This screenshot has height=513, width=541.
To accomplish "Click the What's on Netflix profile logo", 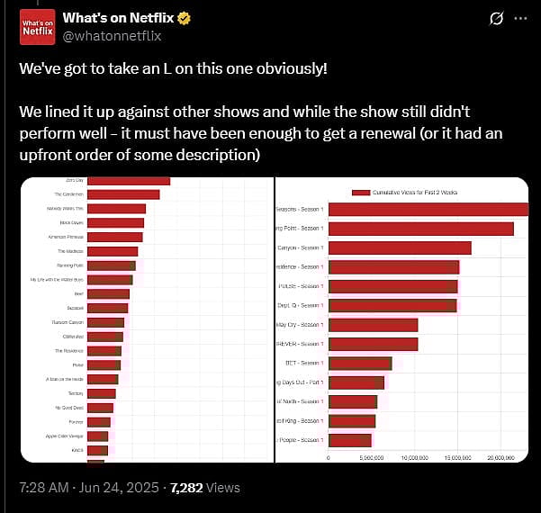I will click(x=37, y=26).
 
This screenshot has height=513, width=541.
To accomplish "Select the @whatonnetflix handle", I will click(x=113, y=35).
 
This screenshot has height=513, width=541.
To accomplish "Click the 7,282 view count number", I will click(x=185, y=487).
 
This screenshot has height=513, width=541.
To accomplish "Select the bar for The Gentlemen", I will click(x=123, y=194).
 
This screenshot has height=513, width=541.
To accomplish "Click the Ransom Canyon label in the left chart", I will click(x=69, y=322).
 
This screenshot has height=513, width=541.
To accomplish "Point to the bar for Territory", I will click(x=102, y=393).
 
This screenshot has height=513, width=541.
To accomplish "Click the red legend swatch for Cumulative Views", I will click(x=361, y=193).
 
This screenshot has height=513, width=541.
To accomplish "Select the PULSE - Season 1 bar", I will click(x=393, y=286).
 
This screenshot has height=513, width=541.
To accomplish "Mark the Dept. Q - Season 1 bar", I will click(x=393, y=305).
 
